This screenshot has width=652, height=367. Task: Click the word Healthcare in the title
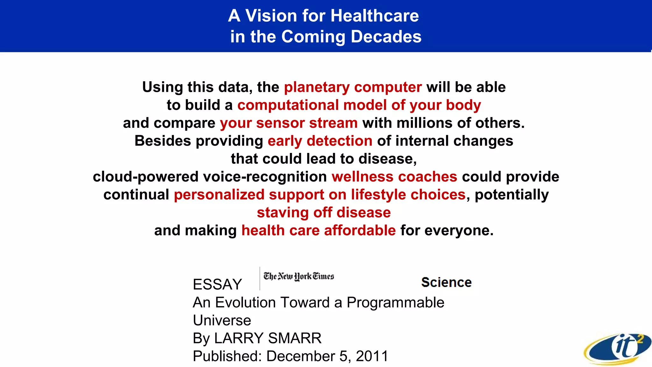374,16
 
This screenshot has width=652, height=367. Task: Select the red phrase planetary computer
353,87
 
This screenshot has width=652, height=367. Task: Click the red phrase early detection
320,141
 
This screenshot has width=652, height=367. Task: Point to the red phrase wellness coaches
394,177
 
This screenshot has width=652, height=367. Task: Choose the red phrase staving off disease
324,212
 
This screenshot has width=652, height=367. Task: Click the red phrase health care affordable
318,230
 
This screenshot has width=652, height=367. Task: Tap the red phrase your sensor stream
289,123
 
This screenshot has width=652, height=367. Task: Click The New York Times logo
299,276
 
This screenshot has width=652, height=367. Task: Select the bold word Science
446,283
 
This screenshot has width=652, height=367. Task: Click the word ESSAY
217,284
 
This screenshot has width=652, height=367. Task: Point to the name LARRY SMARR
268,338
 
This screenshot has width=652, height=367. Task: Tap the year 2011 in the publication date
372,356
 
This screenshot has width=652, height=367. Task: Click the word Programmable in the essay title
395,303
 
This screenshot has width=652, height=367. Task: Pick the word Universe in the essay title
222,320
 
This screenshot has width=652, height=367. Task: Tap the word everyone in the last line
459,230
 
